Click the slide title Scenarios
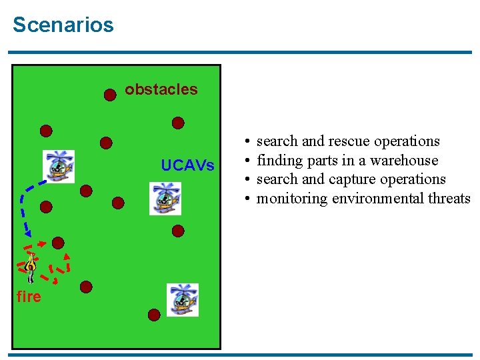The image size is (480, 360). coord(63,25)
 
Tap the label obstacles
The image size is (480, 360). coord(161,89)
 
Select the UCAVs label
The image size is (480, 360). coord(188,165)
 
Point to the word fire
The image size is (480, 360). coord(29,297)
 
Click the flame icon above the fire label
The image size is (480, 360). coord(31,267)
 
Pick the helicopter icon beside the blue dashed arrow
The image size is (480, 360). coord(59,166)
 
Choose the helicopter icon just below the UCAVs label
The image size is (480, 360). coord(165,198)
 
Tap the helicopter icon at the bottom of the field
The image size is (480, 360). coord(182,299)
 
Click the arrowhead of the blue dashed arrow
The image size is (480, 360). coord(27,233)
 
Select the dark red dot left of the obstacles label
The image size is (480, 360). coord(110,94)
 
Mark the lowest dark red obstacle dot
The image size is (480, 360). coord(154,315)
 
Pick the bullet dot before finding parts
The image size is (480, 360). coord(247,161)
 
